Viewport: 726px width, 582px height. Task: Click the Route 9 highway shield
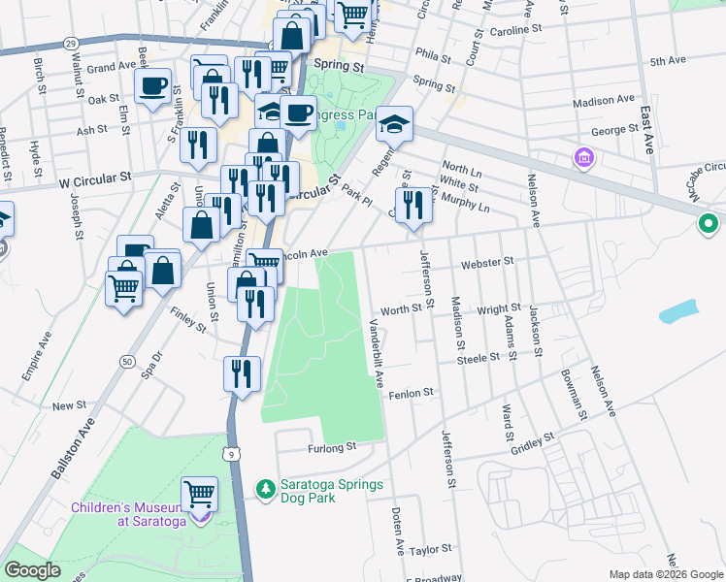[230, 453]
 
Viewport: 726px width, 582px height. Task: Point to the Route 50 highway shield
[127, 361]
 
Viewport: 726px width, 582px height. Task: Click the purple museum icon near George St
[583, 157]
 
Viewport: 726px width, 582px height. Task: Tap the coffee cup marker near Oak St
[152, 86]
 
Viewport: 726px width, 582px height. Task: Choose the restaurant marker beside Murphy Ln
[414, 205]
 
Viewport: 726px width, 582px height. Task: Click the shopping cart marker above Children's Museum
[199, 493]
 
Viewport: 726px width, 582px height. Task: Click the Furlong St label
[334, 447]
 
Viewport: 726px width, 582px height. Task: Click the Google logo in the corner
[33, 570]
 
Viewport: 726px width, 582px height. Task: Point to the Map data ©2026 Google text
[665, 574]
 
